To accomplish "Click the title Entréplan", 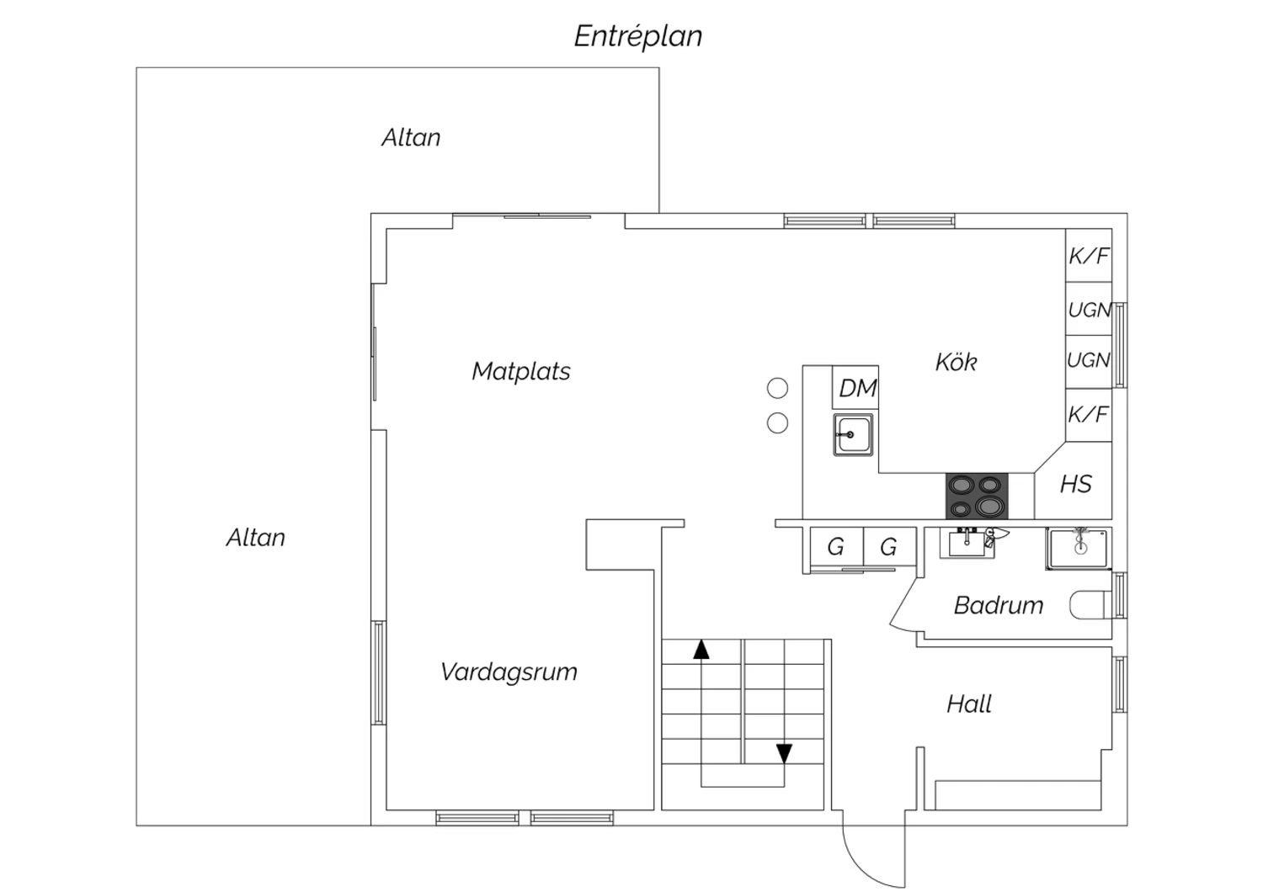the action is (x=637, y=37).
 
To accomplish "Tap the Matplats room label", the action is (x=521, y=371).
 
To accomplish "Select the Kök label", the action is (x=957, y=362).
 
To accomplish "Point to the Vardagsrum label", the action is (x=509, y=672).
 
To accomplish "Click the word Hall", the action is (x=969, y=704).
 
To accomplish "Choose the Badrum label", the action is (x=999, y=605).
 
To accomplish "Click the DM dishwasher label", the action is (x=858, y=388).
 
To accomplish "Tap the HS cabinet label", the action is (x=1076, y=484).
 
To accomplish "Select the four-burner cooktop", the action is (x=977, y=496).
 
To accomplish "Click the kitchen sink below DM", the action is (x=853, y=434).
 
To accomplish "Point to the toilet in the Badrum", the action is (x=1090, y=605).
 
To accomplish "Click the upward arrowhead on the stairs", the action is (x=701, y=649).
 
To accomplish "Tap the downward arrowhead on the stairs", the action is (x=784, y=753).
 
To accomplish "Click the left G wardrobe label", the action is (x=835, y=547).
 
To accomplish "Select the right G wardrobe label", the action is (x=888, y=547).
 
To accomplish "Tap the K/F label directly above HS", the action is (x=1088, y=415).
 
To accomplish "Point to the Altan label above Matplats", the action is (x=411, y=137).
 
